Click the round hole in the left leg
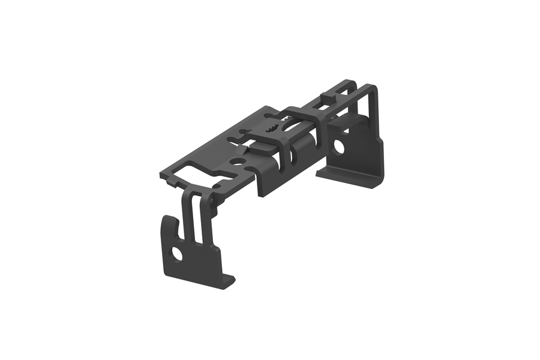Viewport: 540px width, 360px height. [177, 254]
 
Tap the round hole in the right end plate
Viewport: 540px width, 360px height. [340, 145]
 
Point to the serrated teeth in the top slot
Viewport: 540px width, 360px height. [273, 127]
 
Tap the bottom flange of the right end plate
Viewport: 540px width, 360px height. [351, 180]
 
